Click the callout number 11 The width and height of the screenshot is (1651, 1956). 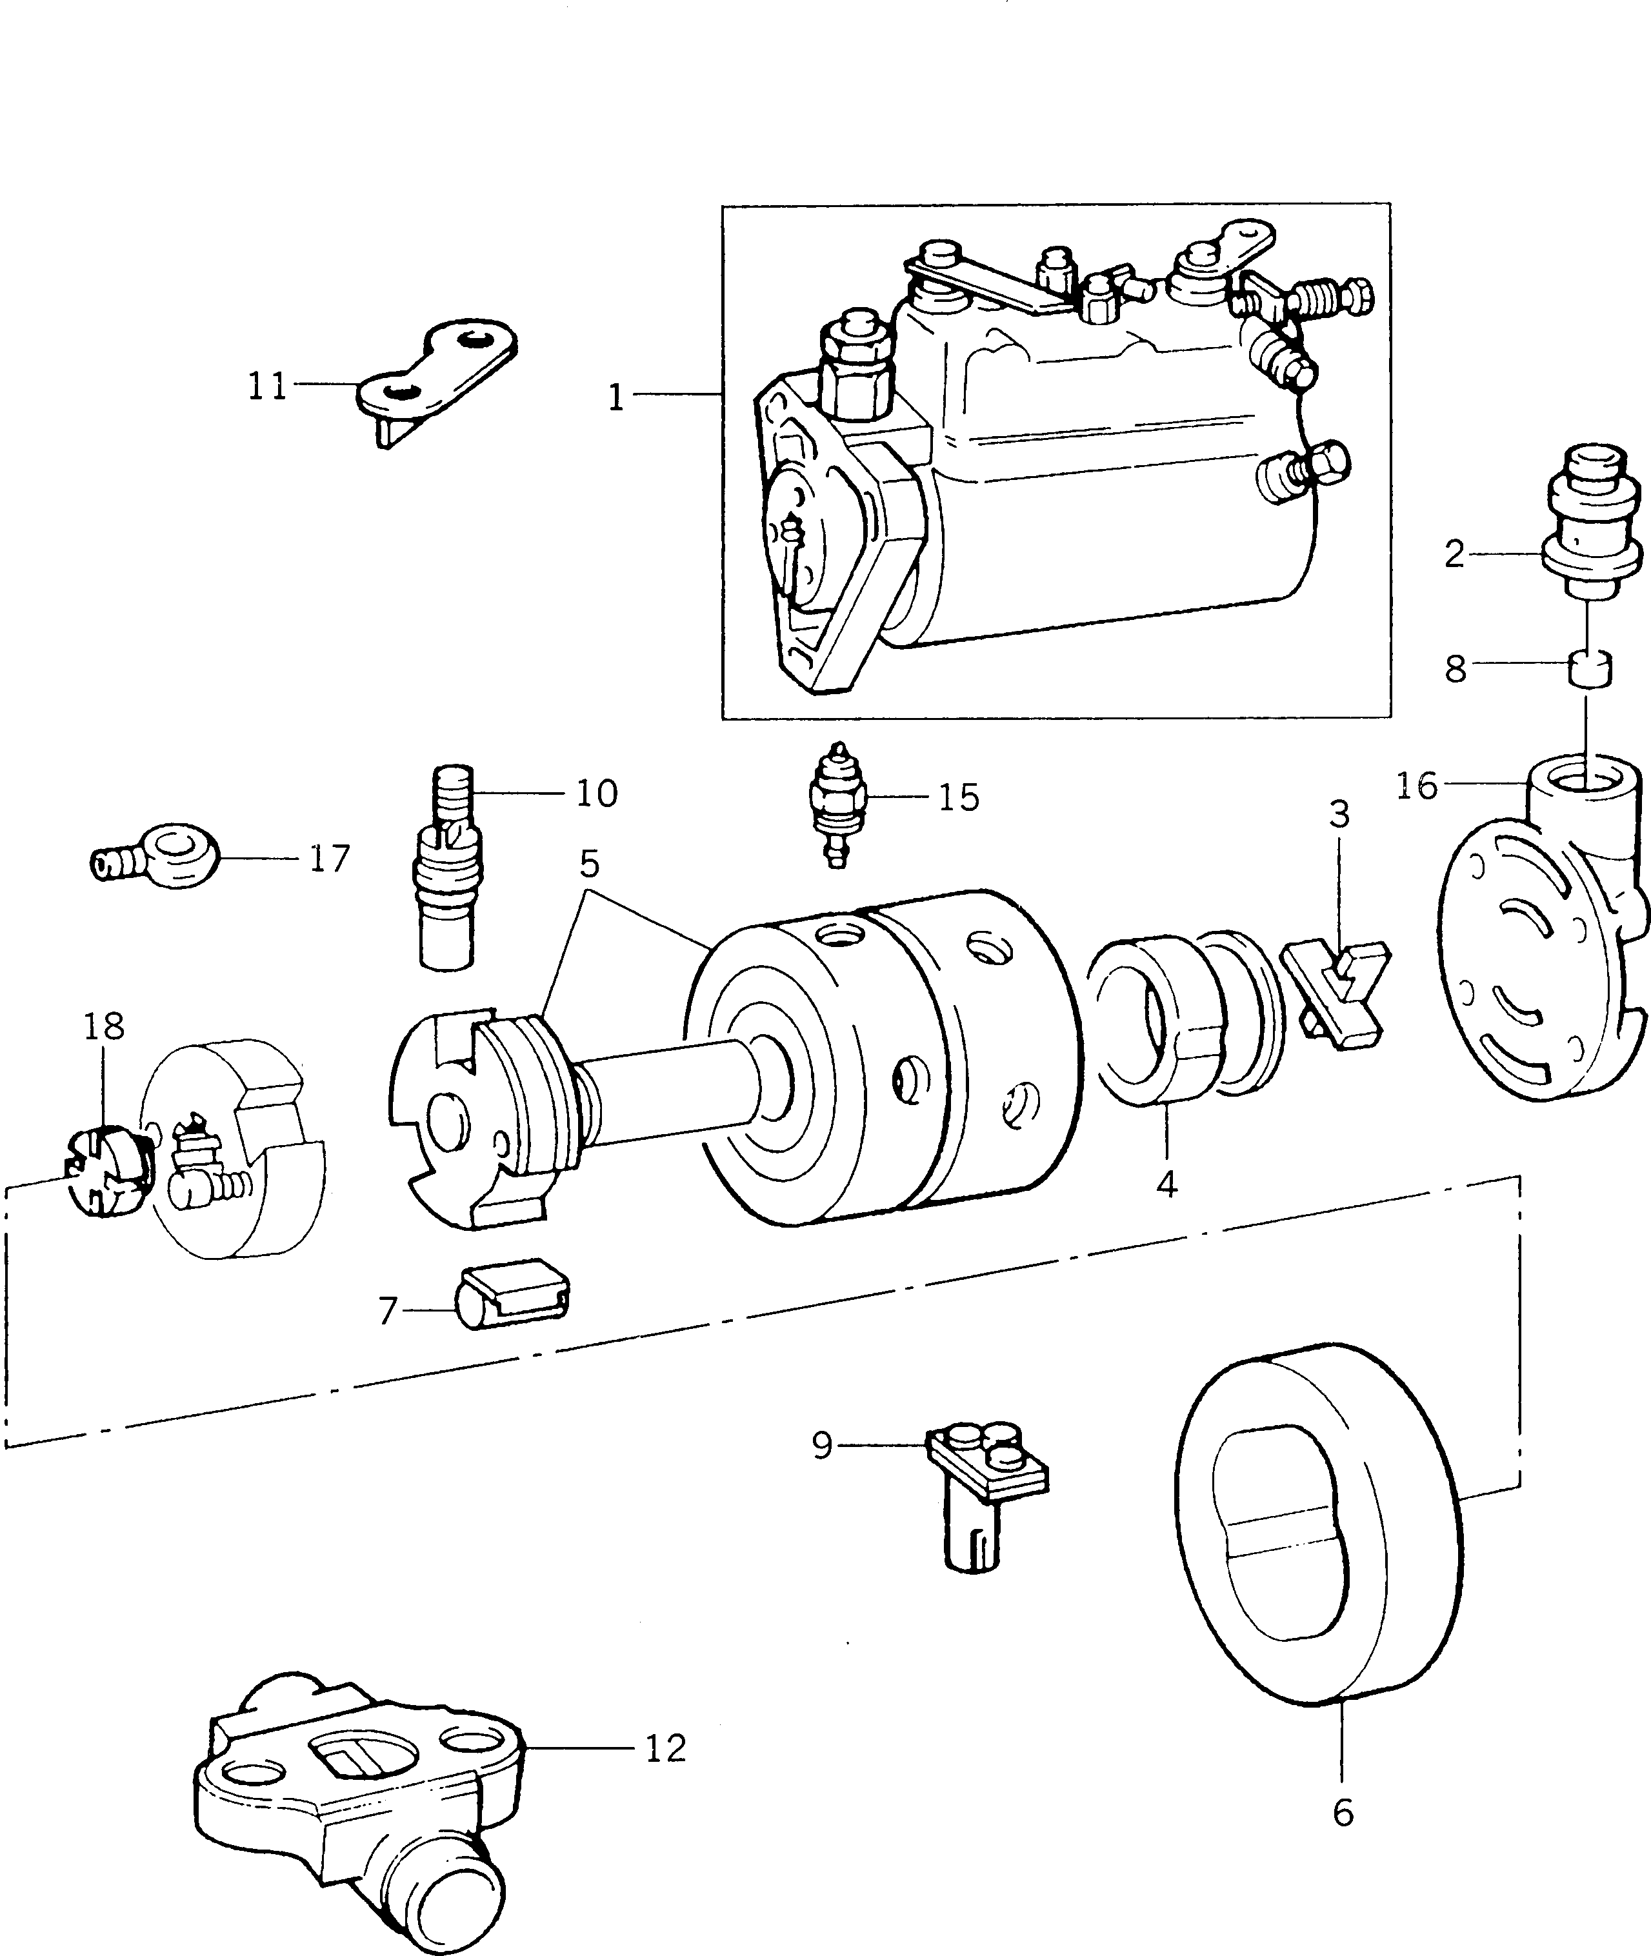point(266,386)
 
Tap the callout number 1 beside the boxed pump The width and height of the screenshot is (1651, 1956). point(615,398)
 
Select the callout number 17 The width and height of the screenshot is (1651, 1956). point(330,858)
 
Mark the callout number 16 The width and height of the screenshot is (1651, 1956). point(1416,786)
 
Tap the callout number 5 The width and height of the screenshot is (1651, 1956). point(588,864)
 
